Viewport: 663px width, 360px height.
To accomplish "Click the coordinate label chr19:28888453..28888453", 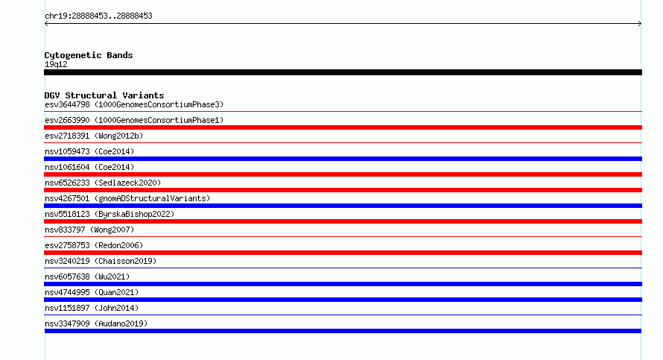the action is [x=98, y=16].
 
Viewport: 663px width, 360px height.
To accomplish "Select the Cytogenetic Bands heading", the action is [x=89, y=55].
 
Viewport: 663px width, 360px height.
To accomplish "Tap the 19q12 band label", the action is [x=56, y=64].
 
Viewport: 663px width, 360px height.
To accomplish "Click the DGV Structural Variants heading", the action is [x=104, y=95].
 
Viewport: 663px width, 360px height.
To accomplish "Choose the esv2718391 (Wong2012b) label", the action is [x=94, y=136].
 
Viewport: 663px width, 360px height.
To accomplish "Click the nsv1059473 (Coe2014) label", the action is [x=89, y=151].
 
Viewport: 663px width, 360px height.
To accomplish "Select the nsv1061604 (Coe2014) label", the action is [x=89, y=167].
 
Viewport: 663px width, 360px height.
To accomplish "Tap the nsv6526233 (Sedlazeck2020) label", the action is [x=103, y=183].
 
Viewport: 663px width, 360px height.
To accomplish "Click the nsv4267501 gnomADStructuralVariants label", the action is [x=127, y=198].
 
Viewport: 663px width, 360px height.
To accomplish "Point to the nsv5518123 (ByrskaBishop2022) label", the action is [x=110, y=214].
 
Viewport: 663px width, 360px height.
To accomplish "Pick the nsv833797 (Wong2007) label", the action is [x=89, y=230].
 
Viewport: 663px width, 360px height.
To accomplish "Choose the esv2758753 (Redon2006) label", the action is [x=94, y=245].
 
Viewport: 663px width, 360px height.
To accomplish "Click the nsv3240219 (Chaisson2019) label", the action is [x=101, y=261].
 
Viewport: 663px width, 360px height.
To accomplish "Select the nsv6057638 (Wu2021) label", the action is [x=87, y=277].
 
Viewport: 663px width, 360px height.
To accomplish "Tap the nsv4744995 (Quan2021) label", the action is [x=92, y=292].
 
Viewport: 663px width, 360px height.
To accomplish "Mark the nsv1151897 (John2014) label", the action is [x=92, y=308].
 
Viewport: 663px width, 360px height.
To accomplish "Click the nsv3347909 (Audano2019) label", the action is [x=96, y=323].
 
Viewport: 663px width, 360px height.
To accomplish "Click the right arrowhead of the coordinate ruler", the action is [x=641, y=24].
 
